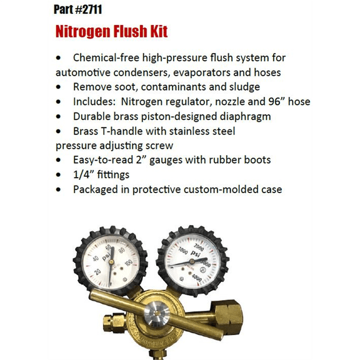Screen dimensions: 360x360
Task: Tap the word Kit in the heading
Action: pos(157,31)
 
